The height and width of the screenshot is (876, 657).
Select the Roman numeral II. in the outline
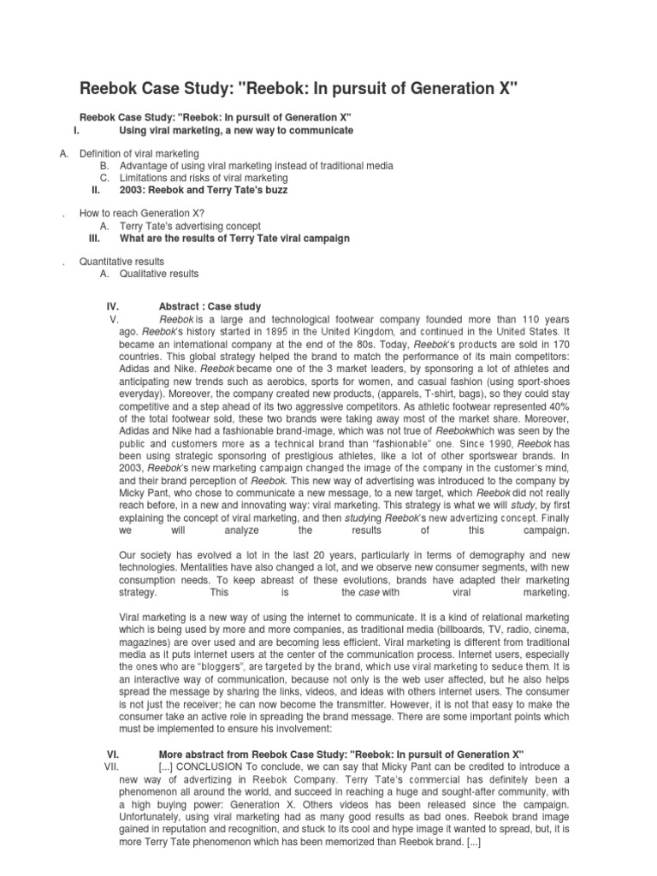(97, 190)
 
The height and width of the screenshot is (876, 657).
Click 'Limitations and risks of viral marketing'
(204, 178)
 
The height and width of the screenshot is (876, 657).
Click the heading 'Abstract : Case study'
(210, 306)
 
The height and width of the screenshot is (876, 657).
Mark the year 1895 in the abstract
(287, 330)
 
